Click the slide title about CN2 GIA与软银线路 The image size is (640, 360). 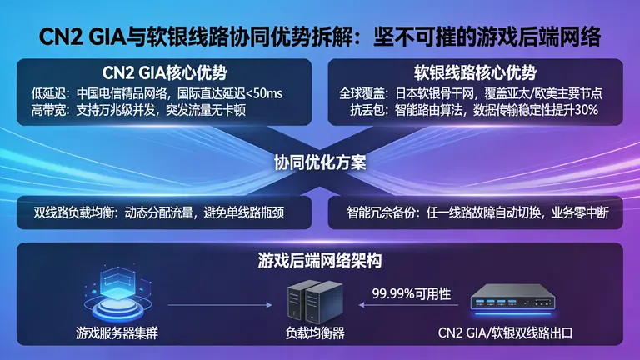pos(320,37)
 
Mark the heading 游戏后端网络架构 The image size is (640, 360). pos(320,261)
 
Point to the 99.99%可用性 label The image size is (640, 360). pos(412,292)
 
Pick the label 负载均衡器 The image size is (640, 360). pos(310,334)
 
